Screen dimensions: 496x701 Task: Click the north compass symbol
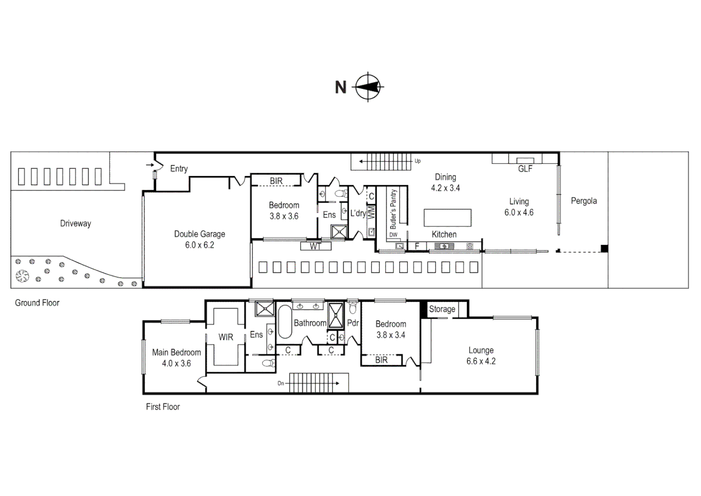tap(368, 86)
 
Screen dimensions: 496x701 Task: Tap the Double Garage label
tap(200, 234)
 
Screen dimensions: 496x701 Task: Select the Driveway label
tap(76, 224)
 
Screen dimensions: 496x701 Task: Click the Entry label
tap(179, 169)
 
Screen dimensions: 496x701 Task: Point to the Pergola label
tap(584, 201)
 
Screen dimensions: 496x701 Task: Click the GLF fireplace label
tap(525, 169)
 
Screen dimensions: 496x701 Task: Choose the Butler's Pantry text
tap(393, 209)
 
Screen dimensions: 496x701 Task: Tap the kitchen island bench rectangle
tap(447, 218)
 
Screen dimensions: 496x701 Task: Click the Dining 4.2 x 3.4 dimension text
tap(445, 188)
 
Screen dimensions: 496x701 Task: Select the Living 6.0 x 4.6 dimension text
tap(519, 213)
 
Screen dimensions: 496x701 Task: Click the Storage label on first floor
tap(442, 309)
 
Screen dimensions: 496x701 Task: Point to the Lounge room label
tap(481, 350)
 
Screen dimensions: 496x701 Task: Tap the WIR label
tap(226, 337)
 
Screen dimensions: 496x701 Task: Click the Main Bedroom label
tap(177, 352)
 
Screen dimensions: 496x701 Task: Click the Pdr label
tap(353, 323)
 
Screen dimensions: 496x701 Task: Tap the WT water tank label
tap(315, 247)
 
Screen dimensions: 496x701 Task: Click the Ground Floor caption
tap(37, 303)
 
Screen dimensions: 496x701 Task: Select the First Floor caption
tap(163, 406)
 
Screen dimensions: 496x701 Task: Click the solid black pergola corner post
tap(604, 249)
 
